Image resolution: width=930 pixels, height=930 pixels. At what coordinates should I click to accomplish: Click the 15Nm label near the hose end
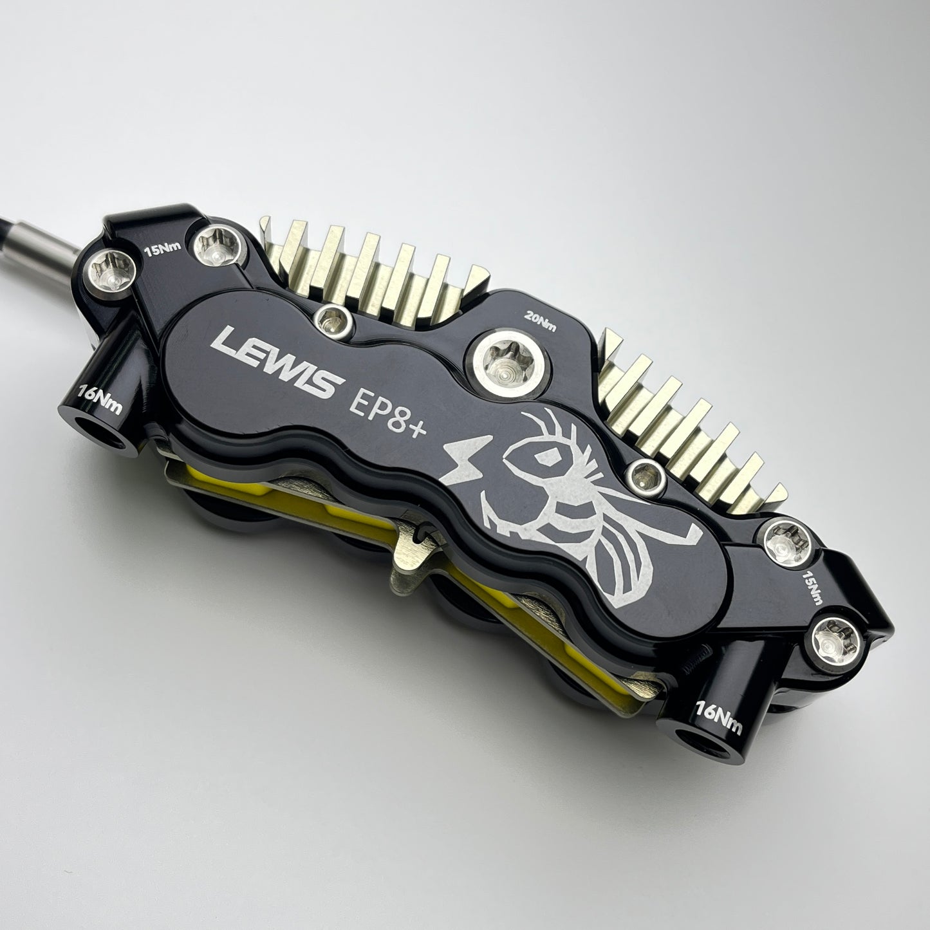(163, 249)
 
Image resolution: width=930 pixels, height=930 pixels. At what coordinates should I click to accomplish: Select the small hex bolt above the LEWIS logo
(333, 321)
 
